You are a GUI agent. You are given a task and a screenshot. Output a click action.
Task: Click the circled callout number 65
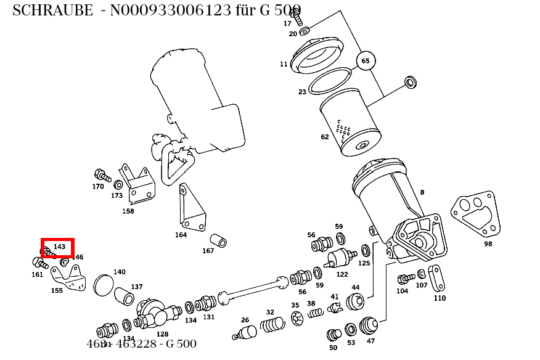[x=366, y=61]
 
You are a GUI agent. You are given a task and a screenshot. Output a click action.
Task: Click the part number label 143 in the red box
[x=59, y=247]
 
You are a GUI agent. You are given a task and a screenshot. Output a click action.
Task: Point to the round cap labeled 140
[x=104, y=287]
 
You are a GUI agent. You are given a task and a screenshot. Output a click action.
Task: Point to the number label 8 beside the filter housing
[x=422, y=193]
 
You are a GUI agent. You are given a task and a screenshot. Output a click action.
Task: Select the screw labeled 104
[x=406, y=279]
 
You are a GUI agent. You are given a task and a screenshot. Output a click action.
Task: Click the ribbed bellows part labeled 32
[x=272, y=324]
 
